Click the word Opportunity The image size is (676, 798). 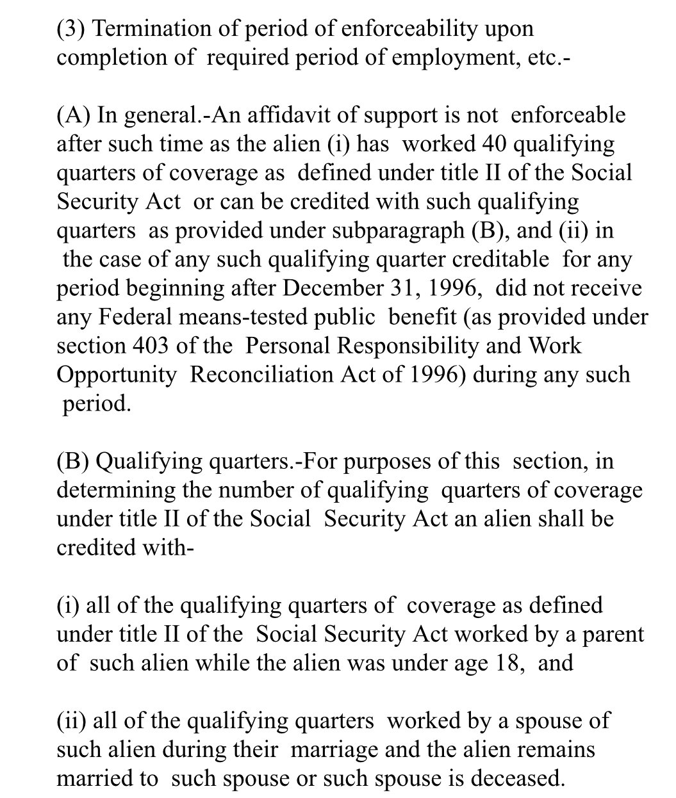[x=116, y=375]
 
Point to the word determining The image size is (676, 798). [x=113, y=490]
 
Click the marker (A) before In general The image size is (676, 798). [x=74, y=115]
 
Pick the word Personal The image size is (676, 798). [x=288, y=346]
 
